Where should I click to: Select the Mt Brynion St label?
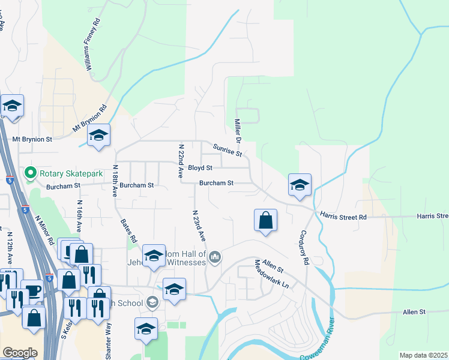pyautogui.click(x=32, y=139)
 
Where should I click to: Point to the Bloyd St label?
pyautogui.click(x=200, y=169)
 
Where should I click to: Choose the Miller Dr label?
pyautogui.click(x=237, y=131)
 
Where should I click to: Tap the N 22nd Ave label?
pyautogui.click(x=180, y=160)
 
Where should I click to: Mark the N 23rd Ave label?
pyautogui.click(x=199, y=226)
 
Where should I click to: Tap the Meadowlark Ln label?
pyautogui.click(x=272, y=274)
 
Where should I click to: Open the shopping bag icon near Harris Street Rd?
pyautogui.click(x=265, y=220)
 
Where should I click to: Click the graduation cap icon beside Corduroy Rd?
pyautogui.click(x=300, y=185)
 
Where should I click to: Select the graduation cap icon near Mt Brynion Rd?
pyautogui.click(x=98, y=135)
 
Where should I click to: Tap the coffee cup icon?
pyautogui.click(x=32, y=290)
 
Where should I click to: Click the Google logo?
pyautogui.click(x=20, y=353)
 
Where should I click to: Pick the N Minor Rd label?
pyautogui.click(x=44, y=229)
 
